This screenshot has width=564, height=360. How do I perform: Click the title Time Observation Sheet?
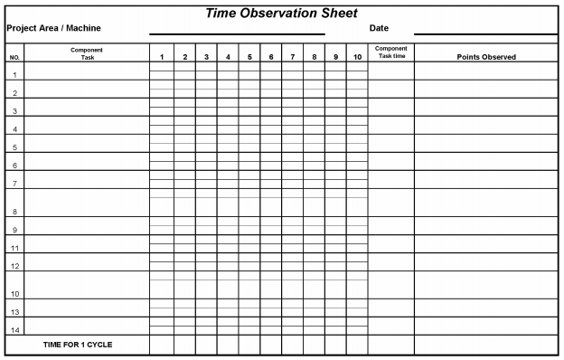[281, 14]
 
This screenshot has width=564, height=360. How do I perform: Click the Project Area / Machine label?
[53, 28]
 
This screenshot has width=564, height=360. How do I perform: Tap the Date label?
[379, 28]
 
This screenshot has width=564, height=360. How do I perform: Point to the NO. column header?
[14, 57]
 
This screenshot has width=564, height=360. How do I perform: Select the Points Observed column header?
[486, 57]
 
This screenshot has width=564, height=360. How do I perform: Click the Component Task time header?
[391, 52]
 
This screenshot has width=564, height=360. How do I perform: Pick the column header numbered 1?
[162, 57]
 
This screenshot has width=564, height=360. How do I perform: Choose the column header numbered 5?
[249, 57]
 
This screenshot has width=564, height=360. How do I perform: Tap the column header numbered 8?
[315, 57]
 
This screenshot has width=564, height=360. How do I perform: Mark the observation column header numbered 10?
[357, 57]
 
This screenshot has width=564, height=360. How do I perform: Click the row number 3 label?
[14, 111]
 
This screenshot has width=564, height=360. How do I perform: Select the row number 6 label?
[14, 166]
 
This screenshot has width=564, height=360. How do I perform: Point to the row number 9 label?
[14, 231]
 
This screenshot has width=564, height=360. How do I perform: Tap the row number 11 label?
[14, 248]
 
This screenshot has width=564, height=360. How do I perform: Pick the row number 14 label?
[14, 330]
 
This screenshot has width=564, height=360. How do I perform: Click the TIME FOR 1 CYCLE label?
[78, 345]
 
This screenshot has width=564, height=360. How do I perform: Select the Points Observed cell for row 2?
[486, 89]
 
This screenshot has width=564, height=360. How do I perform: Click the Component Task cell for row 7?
[87, 180]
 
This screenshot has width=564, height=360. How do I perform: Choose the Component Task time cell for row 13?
[391, 308]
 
